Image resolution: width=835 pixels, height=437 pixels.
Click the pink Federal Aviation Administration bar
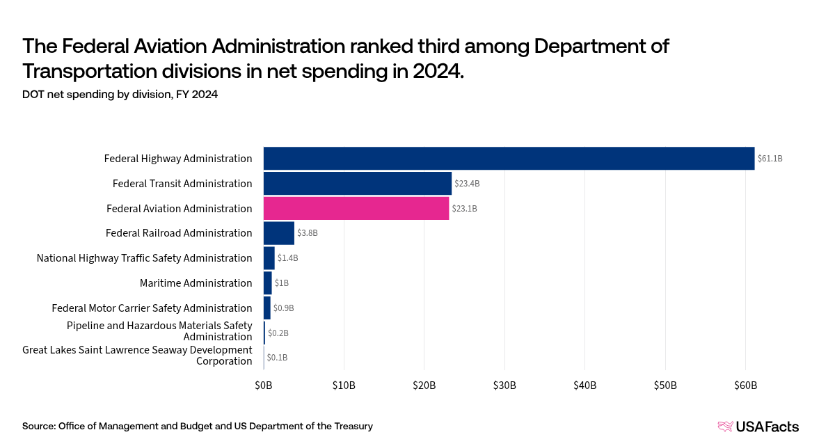point(356,208)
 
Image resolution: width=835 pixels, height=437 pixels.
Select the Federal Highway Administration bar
point(509,159)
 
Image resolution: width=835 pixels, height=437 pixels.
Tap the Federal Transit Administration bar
point(358,184)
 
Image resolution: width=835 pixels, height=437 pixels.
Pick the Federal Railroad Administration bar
point(279,233)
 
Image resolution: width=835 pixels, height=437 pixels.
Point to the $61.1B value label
point(770,159)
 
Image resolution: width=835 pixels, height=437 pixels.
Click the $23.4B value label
point(468,184)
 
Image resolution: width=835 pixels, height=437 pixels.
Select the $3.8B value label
point(308,233)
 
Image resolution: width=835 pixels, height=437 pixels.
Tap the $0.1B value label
point(277,358)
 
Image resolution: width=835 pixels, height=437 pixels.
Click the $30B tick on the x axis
point(504,386)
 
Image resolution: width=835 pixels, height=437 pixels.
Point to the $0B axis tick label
point(264,386)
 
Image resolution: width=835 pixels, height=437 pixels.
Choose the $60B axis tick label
point(745,386)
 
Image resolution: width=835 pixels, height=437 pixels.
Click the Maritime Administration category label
point(196,283)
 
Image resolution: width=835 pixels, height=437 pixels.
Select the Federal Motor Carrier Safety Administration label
point(152,308)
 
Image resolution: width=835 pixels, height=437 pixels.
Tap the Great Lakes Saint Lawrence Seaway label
point(137,355)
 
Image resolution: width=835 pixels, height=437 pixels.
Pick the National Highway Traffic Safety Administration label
point(144,258)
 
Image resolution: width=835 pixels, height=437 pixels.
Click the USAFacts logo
point(758,427)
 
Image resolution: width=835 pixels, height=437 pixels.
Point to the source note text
point(198,426)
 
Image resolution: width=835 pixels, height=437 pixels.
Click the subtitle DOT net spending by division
point(120,95)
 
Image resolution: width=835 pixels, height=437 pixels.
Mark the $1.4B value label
point(288,258)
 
